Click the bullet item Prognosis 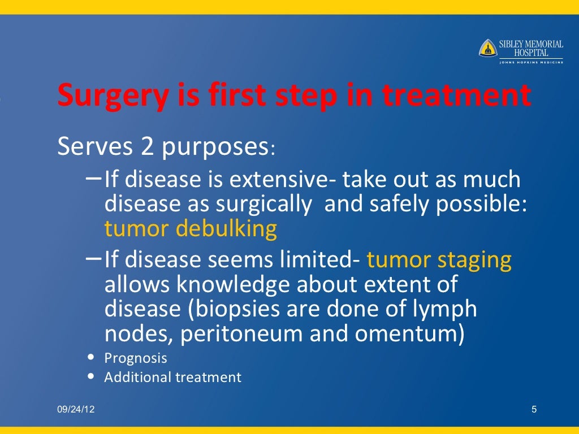point(136,358)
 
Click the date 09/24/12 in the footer point(76,409)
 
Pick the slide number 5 point(534,409)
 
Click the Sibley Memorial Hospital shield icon point(488,48)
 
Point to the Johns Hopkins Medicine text point(531,62)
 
